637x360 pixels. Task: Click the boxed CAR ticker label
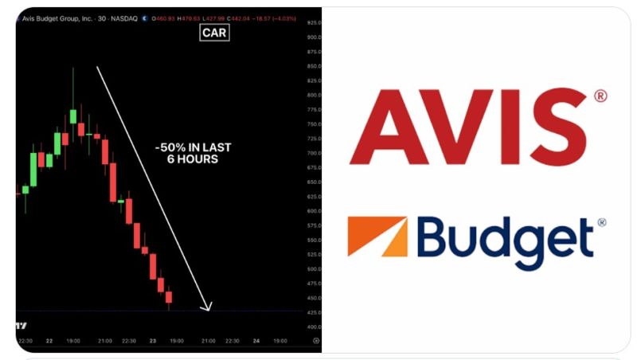tap(214, 33)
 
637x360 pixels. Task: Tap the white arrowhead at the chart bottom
tap(208, 307)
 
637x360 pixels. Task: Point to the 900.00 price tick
tap(313, 37)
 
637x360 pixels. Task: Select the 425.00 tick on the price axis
tap(313, 312)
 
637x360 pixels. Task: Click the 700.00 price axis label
tap(313, 153)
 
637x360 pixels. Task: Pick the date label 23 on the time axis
tap(153, 341)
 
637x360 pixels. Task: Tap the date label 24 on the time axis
tap(256, 341)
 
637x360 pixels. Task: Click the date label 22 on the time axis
tap(49, 341)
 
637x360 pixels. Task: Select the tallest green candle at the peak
tap(73, 115)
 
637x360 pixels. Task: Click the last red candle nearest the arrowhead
tap(169, 298)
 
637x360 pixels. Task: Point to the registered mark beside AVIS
tap(600, 96)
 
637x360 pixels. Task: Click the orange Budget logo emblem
tap(377, 237)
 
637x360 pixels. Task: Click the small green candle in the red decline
tap(121, 201)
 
